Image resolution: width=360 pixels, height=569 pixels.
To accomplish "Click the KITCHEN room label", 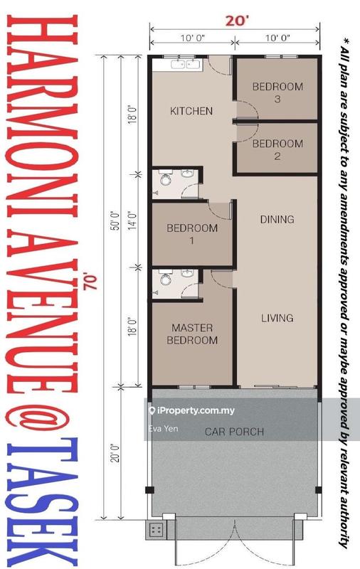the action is point(191,111).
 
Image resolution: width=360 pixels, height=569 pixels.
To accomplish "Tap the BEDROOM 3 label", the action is point(277,92).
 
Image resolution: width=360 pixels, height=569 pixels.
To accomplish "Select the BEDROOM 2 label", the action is point(277,149).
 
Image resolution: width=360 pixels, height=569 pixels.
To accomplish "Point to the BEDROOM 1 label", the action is point(192,234).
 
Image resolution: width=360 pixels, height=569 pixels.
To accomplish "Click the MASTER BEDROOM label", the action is point(192,334).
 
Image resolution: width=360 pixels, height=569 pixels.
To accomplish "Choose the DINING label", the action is point(277,219).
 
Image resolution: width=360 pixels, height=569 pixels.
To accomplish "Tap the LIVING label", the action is point(277,318).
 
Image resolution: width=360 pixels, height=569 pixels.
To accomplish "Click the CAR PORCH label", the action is point(235,432).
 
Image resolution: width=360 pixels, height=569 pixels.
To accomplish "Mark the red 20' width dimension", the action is point(238,21).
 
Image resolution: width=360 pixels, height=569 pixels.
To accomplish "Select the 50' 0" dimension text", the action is point(115,220).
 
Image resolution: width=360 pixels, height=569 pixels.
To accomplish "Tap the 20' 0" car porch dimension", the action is point(115,452).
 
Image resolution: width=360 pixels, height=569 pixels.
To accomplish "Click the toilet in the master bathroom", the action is point(166,279).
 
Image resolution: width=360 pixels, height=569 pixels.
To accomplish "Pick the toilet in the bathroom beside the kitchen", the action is point(166,179).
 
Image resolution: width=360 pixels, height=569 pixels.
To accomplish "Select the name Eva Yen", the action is point(164,429).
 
